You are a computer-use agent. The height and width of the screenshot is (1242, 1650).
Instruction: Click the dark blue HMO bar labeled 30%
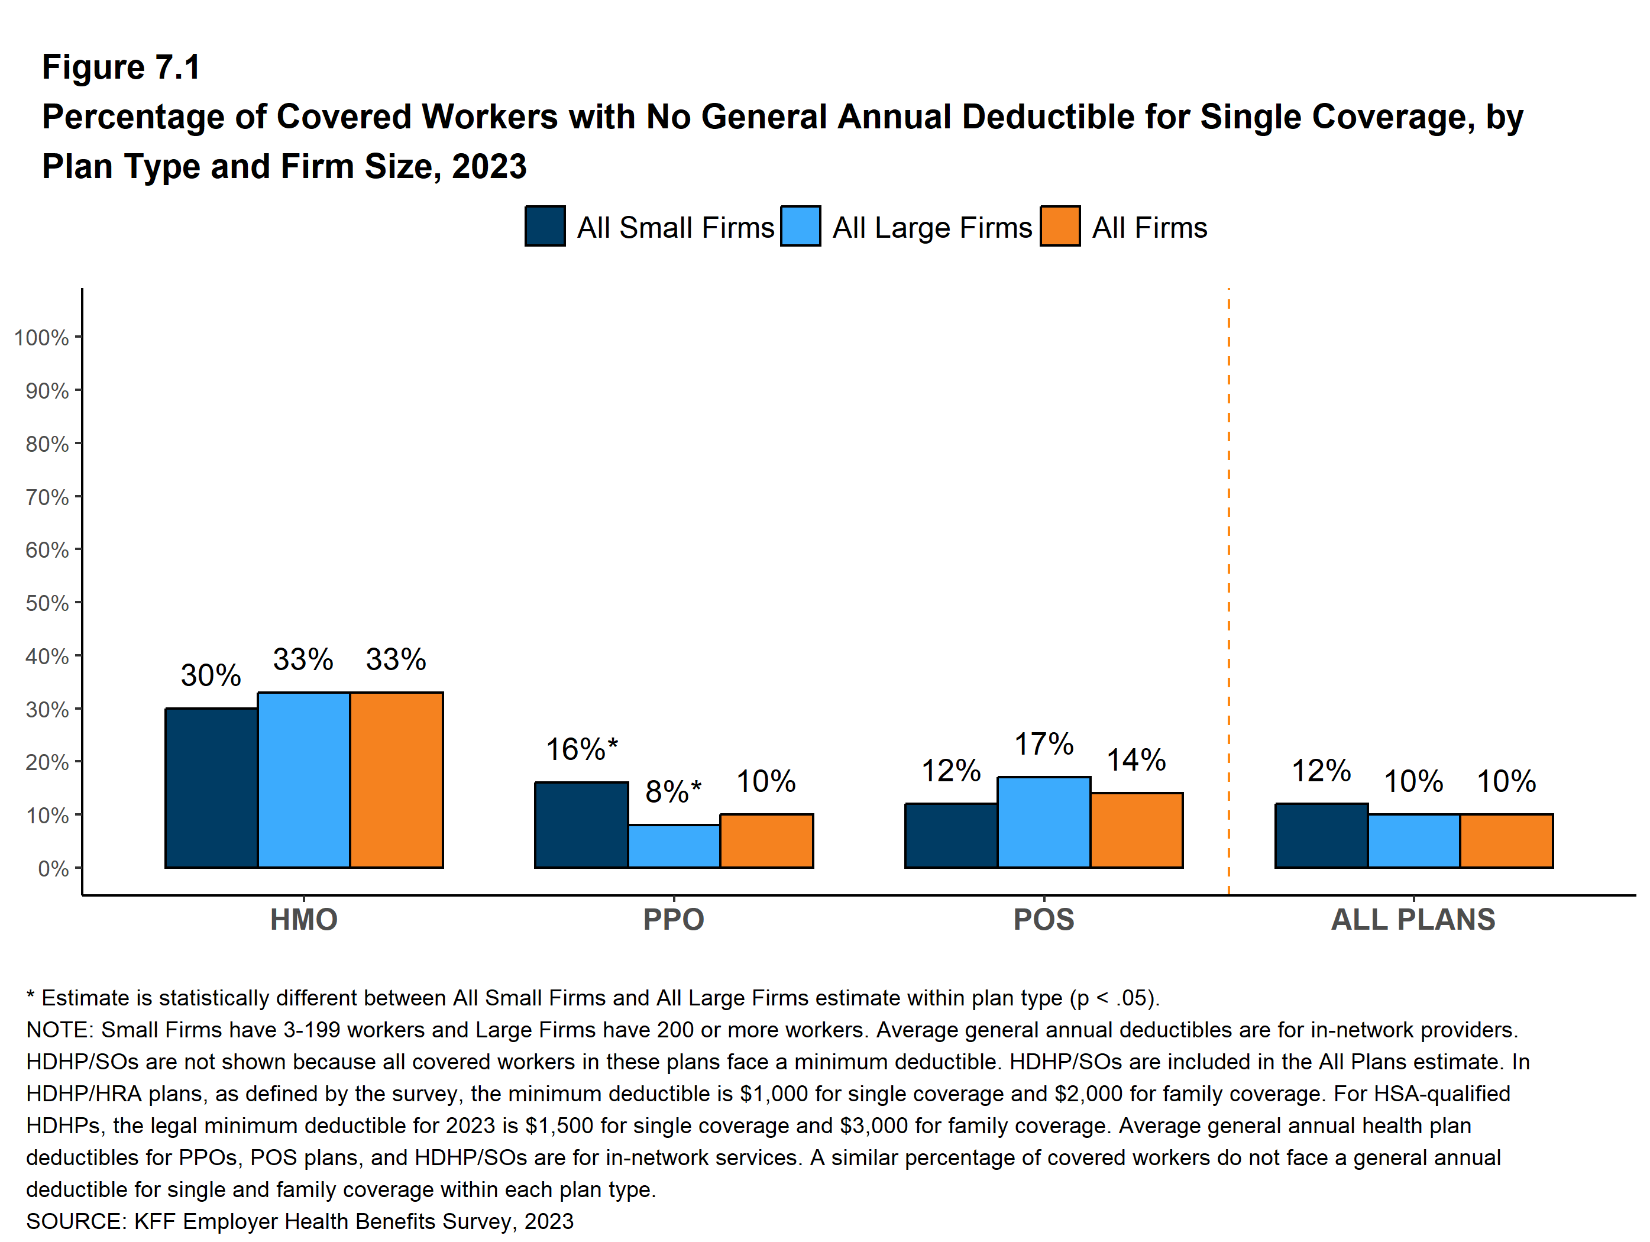[211, 788]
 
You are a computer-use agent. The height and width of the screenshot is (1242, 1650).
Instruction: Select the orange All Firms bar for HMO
[396, 780]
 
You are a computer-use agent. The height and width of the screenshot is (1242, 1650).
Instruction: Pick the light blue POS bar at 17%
[1044, 822]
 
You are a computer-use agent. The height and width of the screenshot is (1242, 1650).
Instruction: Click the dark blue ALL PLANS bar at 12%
[1321, 836]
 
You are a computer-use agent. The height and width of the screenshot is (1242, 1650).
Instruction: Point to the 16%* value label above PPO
[582, 749]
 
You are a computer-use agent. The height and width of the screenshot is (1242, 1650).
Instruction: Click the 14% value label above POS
[1135, 760]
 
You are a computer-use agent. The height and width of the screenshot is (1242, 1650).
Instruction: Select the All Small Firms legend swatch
[545, 226]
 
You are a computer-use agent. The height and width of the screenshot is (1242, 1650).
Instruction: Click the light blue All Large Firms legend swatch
[800, 226]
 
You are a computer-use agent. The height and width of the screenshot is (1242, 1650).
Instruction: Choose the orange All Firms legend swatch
[1060, 226]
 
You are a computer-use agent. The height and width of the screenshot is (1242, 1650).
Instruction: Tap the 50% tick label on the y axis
[47, 603]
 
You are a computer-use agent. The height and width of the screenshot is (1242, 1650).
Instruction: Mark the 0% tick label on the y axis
[53, 868]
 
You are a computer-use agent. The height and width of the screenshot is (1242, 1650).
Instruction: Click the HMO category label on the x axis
[303, 919]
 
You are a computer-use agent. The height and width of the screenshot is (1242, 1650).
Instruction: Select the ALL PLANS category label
[1413, 919]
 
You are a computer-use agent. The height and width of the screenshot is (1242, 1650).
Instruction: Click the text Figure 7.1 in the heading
[121, 67]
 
